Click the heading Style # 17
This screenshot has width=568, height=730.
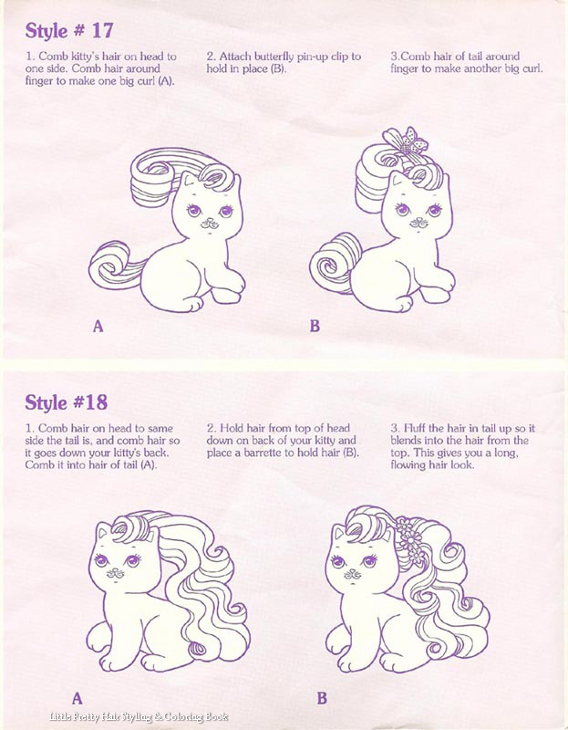point(69,31)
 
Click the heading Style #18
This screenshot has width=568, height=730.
point(66,402)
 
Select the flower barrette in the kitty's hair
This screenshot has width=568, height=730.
point(410,541)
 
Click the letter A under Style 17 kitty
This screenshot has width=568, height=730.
point(98,327)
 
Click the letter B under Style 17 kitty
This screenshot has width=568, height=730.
point(315,327)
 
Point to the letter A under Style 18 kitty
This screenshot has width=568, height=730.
point(77,698)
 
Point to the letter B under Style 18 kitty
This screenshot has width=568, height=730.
point(322,698)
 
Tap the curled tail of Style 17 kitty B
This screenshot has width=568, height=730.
point(334,263)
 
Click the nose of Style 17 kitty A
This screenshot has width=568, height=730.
point(209,222)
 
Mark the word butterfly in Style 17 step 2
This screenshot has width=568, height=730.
point(274,57)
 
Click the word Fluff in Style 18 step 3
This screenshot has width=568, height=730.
point(414,428)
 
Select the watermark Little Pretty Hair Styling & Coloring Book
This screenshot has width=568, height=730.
point(139,716)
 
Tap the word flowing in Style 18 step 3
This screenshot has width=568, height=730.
point(407,465)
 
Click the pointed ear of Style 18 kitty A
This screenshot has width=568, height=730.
point(103,530)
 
